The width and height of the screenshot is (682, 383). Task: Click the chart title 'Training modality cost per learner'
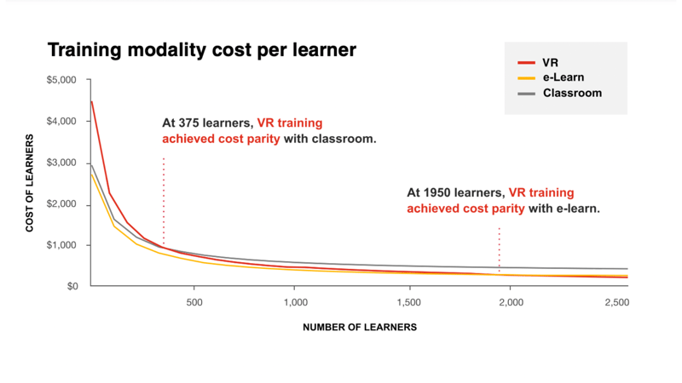(201, 50)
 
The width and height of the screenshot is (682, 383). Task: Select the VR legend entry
(550, 62)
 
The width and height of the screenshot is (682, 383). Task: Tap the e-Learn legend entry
(562, 77)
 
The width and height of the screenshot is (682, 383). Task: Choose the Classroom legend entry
(572, 93)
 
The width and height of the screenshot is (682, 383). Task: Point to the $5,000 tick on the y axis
(61, 80)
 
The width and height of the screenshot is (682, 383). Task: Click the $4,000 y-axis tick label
(61, 122)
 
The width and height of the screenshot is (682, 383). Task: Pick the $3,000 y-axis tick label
(61, 163)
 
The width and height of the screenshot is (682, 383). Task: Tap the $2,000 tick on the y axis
(61, 204)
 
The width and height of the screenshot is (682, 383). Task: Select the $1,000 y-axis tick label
(61, 245)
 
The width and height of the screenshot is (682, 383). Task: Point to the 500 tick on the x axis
(194, 303)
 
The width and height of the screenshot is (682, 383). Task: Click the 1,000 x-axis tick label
(294, 303)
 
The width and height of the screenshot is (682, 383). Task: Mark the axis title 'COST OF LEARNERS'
(30, 185)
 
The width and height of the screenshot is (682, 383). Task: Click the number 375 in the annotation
(185, 123)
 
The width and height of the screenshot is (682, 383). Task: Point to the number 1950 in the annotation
(434, 192)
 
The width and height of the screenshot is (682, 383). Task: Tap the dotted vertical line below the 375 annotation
(164, 200)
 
